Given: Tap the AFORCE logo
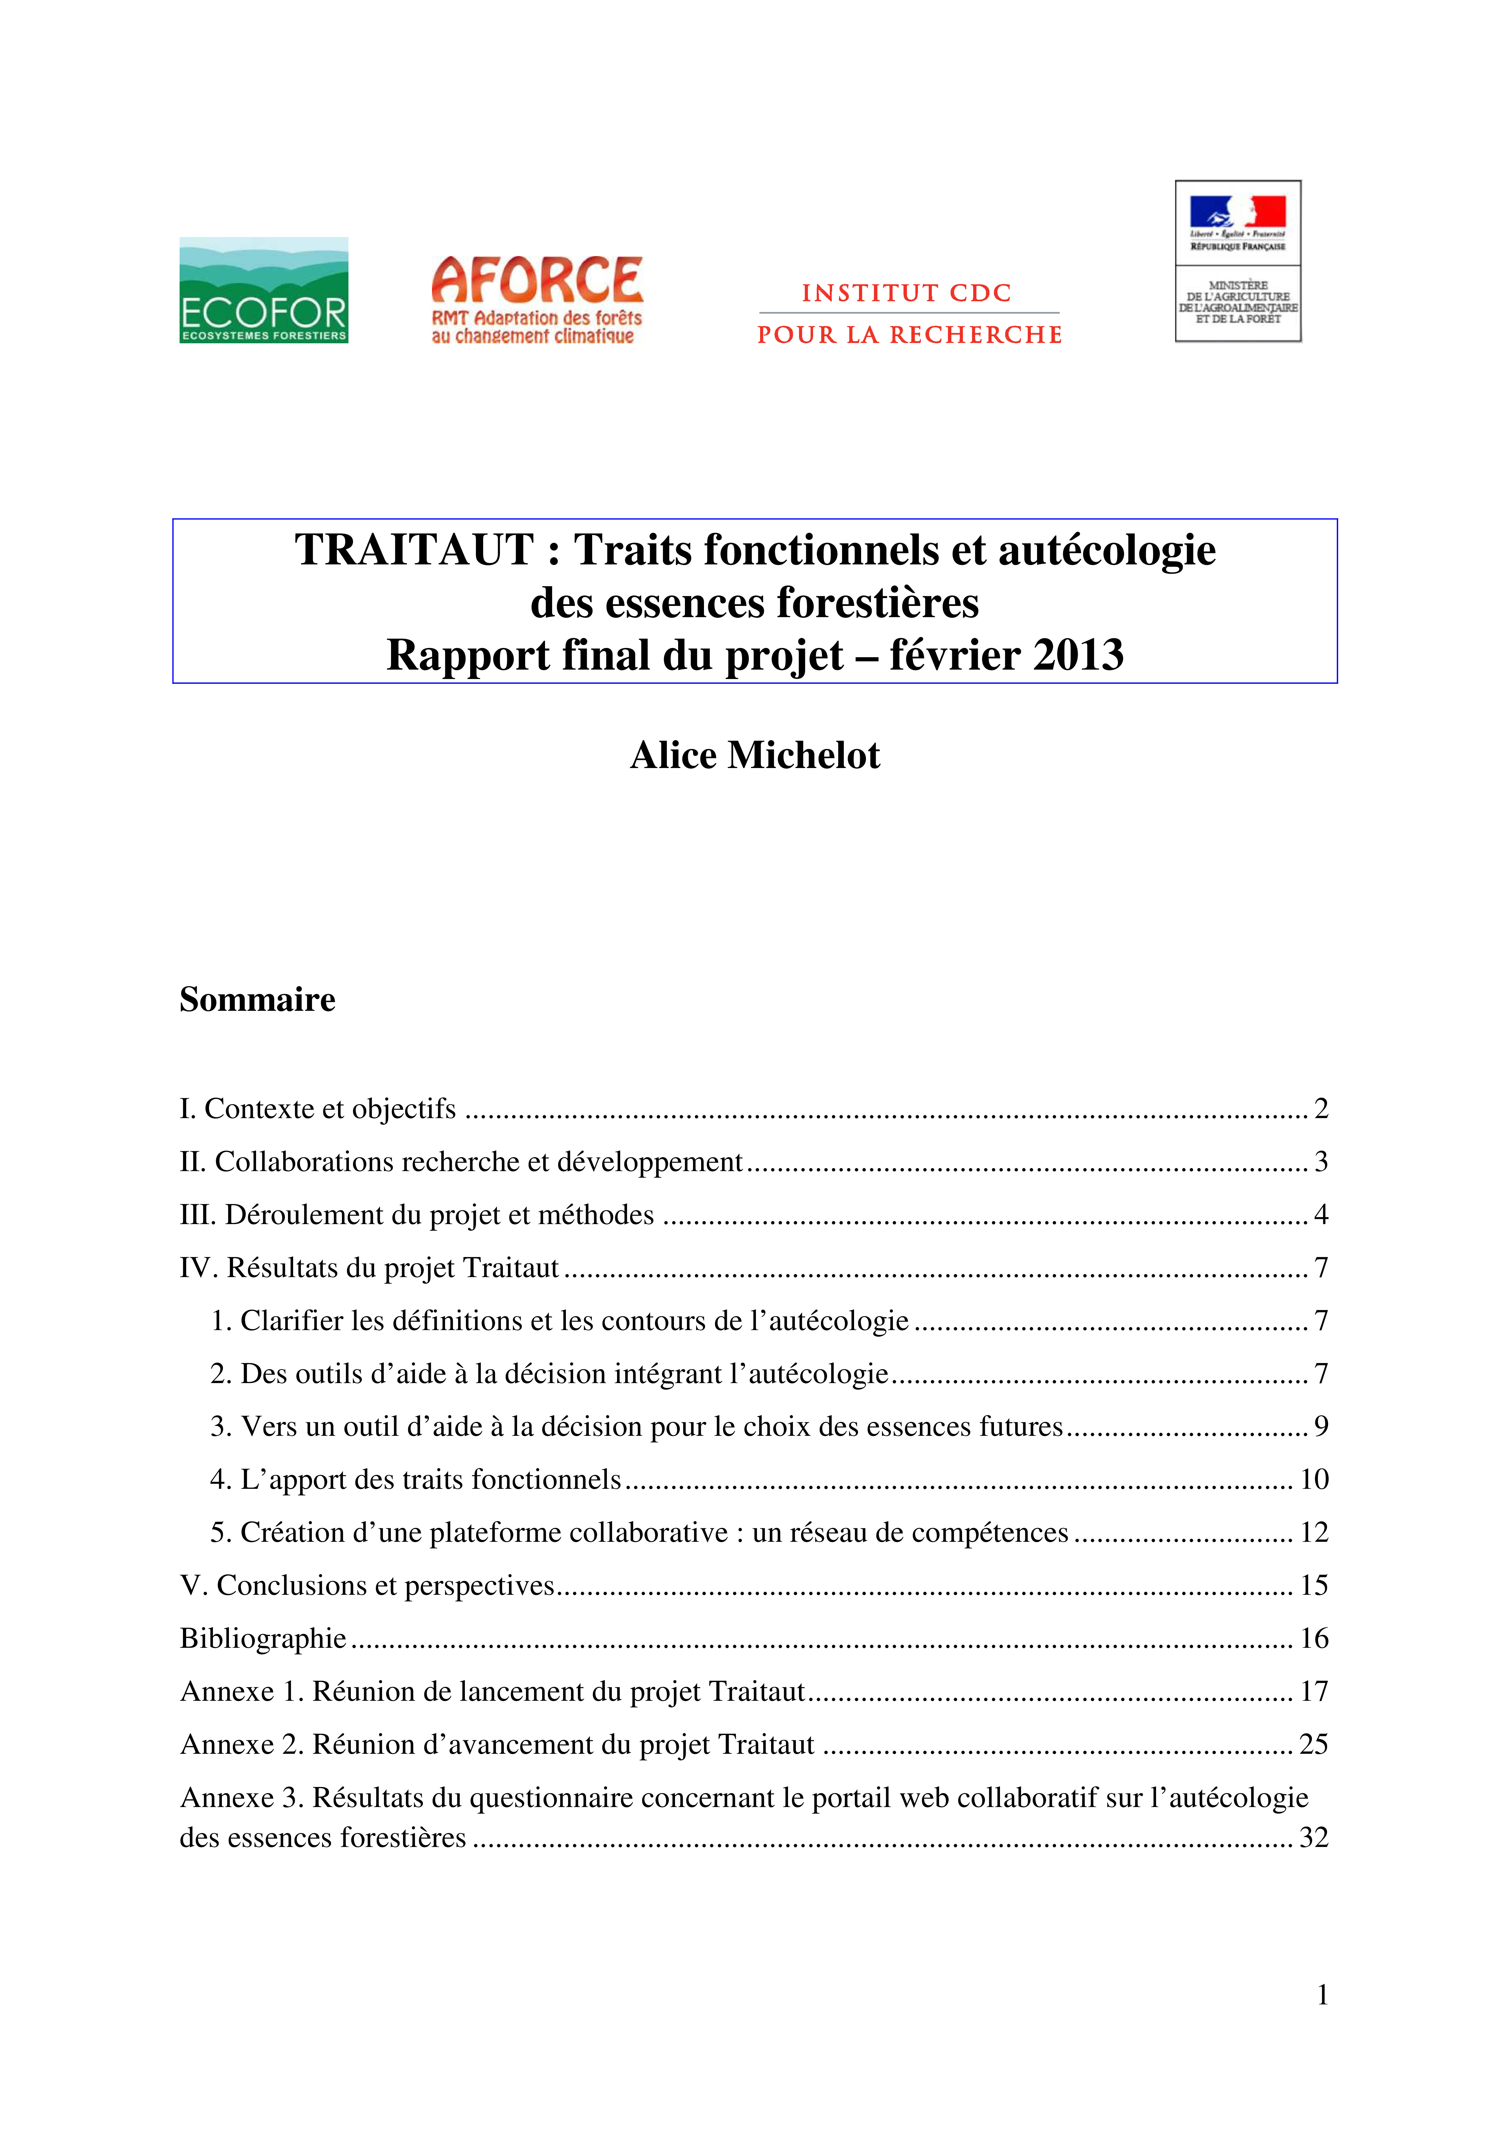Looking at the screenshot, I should point(537,300).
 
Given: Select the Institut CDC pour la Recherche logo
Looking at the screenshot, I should point(909,314).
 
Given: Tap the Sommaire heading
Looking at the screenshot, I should point(258,1000).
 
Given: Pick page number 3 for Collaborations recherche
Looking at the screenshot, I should point(1320,1162).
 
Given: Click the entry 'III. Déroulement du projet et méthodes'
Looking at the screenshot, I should point(417,1215).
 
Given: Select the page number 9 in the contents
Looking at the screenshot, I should point(1320,1426).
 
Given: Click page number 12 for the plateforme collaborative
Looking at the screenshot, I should point(1314,1532).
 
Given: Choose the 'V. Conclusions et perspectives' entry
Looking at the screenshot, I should point(368,1585).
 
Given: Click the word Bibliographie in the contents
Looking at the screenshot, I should point(263,1638).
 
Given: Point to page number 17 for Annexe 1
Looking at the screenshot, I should point(1314,1691).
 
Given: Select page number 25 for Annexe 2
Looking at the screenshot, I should point(1314,1744).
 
